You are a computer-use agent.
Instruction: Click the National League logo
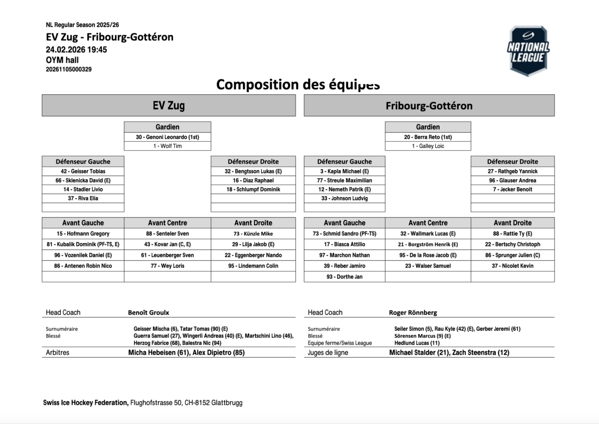click(x=528, y=51)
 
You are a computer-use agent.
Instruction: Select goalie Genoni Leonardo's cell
click(x=167, y=137)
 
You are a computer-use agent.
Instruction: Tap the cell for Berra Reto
click(x=428, y=137)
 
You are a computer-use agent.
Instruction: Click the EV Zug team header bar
click(x=169, y=106)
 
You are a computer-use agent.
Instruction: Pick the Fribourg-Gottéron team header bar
click(x=429, y=106)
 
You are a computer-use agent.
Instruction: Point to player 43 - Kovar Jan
click(x=167, y=244)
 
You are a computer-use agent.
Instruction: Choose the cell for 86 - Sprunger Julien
click(x=512, y=255)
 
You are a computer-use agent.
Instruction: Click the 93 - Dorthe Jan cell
click(x=344, y=277)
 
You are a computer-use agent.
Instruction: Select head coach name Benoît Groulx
click(x=149, y=313)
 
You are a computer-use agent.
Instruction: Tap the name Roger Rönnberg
click(x=413, y=313)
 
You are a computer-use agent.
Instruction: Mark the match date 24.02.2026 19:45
click(x=76, y=49)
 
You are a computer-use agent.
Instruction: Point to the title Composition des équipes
click(x=298, y=84)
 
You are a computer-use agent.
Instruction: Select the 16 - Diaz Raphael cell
click(x=253, y=180)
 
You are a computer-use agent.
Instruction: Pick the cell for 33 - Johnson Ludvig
click(x=344, y=198)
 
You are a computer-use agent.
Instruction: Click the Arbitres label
click(x=57, y=353)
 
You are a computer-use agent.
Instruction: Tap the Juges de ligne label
click(x=328, y=353)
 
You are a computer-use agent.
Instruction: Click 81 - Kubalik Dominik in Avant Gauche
click(x=83, y=244)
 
